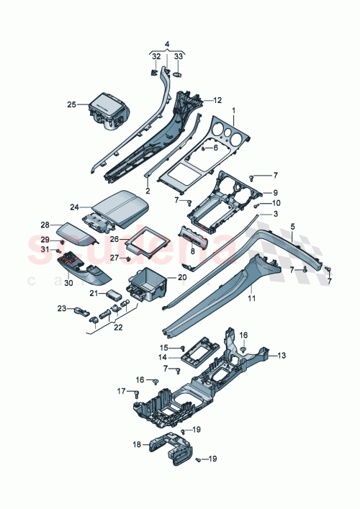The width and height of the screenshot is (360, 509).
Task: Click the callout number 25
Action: point(71,104)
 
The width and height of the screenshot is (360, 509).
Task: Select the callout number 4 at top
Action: point(168,44)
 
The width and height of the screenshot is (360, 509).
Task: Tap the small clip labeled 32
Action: point(155,72)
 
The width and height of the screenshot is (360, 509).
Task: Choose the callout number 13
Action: point(282,356)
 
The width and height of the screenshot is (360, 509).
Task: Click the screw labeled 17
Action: point(136,392)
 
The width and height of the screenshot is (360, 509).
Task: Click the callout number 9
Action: point(274,192)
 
